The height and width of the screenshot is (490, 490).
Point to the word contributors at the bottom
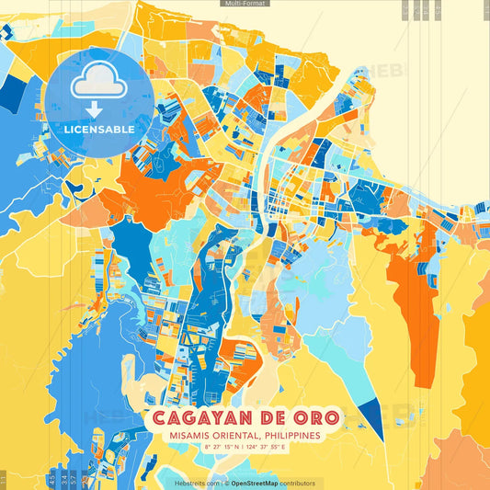tap(298, 483)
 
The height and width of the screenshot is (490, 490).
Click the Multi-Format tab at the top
tap(245, 4)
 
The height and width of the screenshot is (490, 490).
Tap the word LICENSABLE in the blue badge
tap(99, 130)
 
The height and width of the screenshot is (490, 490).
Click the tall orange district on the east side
tap(411, 303)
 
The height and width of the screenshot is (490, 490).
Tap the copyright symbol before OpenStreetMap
tap(227, 483)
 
